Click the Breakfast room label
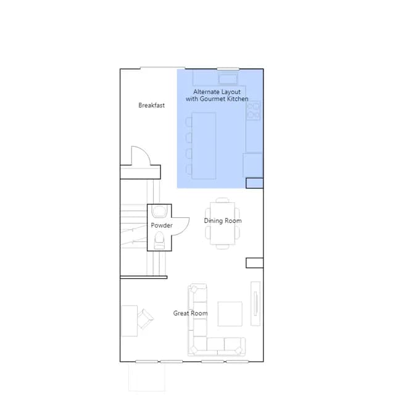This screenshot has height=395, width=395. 151,106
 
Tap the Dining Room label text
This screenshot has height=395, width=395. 223,221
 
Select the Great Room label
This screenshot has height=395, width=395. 191,313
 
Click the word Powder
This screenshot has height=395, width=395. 162,225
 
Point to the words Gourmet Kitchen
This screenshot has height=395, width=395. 224,99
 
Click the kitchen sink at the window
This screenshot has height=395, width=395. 228,79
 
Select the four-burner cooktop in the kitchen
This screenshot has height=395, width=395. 253,110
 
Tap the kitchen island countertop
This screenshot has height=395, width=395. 204,146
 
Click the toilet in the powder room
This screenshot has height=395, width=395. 159,241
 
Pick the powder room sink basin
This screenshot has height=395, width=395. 159,211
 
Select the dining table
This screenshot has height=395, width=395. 222,223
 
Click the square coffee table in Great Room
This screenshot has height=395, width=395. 230,314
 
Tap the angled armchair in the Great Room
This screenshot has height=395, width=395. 145,319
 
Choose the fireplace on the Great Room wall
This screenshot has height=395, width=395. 256,304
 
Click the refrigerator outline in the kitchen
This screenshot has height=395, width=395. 252,165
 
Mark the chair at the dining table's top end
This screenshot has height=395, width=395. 222,200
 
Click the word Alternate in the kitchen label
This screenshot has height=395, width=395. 204,92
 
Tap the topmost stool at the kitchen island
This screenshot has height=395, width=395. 189,122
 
